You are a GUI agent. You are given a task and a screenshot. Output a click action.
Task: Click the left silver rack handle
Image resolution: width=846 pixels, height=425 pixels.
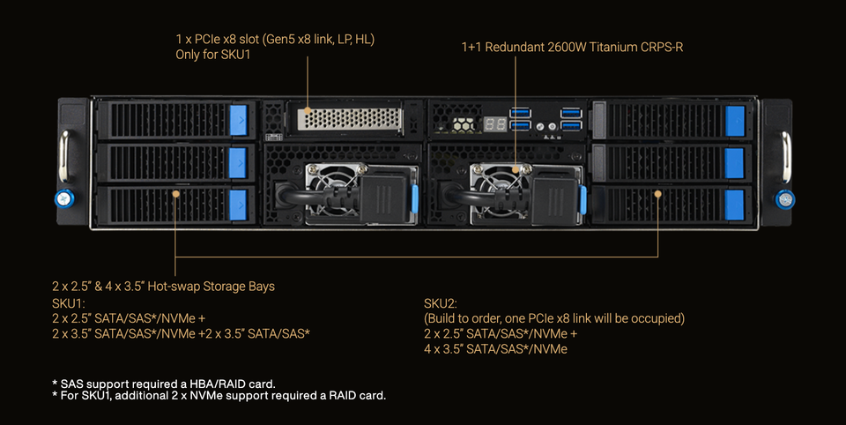pyautogui.click(x=64, y=156)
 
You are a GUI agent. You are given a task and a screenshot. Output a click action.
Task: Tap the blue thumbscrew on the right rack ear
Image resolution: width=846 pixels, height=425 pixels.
pyautogui.click(x=784, y=199)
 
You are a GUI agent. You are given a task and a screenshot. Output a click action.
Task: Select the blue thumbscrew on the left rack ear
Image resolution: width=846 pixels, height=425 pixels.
pyautogui.click(x=64, y=198)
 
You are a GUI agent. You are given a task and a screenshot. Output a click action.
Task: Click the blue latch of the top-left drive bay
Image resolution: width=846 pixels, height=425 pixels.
pyautogui.click(x=239, y=120)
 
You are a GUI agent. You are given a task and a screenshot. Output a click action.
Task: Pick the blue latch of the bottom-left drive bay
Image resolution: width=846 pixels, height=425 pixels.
pyautogui.click(x=239, y=205)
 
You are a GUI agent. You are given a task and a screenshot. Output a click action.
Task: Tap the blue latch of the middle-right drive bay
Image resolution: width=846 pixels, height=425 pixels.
pyautogui.click(x=735, y=162)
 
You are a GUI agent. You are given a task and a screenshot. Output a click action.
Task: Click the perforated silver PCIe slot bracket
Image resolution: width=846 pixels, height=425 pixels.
pyautogui.click(x=350, y=119)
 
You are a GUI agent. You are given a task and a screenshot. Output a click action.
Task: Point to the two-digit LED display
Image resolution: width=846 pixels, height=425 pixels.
pyautogui.click(x=494, y=124)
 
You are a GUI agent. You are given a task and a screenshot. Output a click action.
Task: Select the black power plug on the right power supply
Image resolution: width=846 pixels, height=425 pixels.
pyautogui.click(x=555, y=200)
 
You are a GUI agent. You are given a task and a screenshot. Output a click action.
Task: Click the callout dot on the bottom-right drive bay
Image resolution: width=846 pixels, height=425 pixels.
pyautogui.click(x=657, y=193)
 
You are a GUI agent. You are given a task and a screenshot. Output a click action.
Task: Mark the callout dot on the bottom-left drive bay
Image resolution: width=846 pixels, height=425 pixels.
pyautogui.click(x=175, y=193)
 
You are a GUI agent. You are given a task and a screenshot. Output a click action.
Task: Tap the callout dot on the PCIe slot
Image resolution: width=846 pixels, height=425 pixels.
pyautogui.click(x=308, y=110)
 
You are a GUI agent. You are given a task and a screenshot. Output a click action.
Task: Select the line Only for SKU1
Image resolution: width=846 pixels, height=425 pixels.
pyautogui.click(x=213, y=55)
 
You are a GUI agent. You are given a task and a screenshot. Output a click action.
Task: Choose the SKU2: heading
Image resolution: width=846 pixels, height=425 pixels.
pyautogui.click(x=441, y=303)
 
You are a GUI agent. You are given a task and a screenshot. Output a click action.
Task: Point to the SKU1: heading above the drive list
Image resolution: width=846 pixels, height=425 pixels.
pyautogui.click(x=69, y=303)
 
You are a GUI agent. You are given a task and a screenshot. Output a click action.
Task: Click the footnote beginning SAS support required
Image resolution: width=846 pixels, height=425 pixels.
pyautogui.click(x=164, y=384)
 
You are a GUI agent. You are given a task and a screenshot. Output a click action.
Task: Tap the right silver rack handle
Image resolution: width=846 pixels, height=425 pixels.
pyautogui.click(x=786, y=157)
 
